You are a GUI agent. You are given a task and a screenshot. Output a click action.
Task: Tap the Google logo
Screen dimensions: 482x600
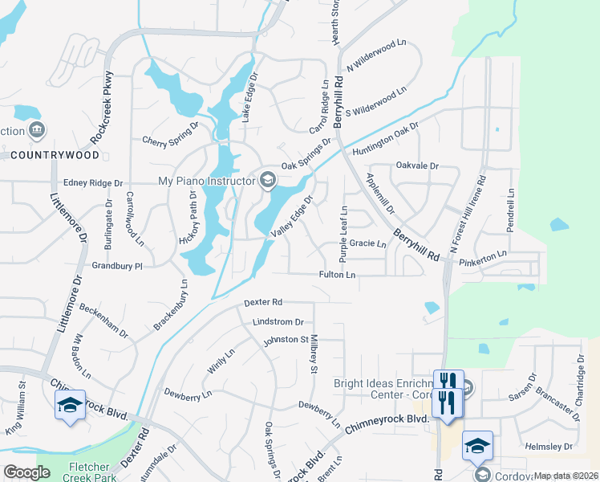click(26, 472)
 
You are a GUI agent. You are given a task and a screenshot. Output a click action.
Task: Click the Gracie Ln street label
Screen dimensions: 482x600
click(368, 243)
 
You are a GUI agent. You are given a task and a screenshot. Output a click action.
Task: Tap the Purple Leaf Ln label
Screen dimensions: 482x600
click(343, 233)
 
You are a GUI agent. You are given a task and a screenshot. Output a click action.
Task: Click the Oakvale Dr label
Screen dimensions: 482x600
click(418, 165)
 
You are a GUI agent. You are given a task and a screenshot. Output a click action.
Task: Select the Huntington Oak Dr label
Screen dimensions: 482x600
click(386, 136)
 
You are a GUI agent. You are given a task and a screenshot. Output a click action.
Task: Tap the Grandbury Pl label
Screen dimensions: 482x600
click(117, 265)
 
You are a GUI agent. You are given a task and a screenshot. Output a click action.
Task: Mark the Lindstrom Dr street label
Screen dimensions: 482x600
click(278, 321)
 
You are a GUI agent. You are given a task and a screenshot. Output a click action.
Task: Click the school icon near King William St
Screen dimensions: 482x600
click(70, 405)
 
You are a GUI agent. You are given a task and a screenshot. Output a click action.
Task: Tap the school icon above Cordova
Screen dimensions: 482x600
click(477, 445)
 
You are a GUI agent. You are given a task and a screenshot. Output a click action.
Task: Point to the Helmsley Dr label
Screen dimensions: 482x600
click(550, 447)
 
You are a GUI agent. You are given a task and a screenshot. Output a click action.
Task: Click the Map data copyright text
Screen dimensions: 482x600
click(566, 476)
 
